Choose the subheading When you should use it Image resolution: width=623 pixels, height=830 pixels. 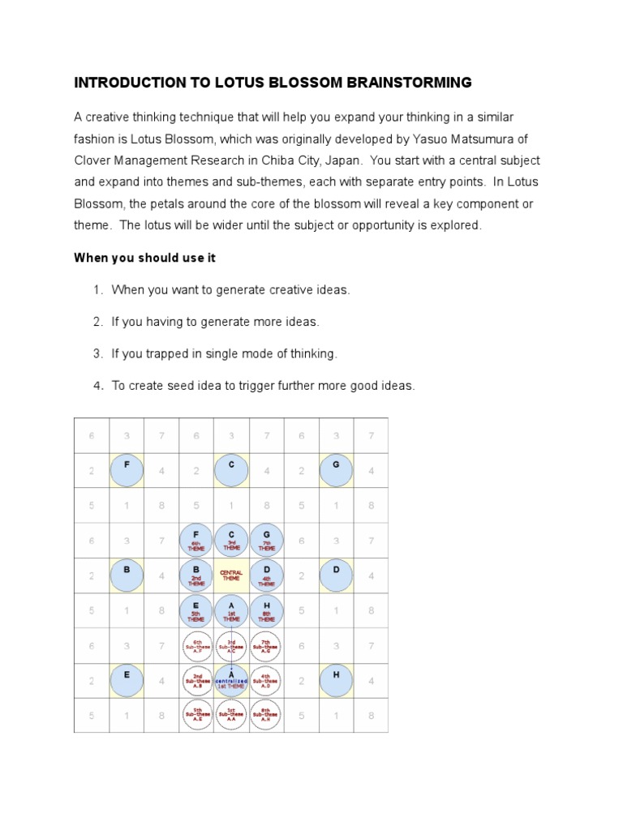tap(144, 258)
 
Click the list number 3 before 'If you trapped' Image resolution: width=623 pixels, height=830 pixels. tap(97, 353)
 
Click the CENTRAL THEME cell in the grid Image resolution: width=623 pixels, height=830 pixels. tap(231, 575)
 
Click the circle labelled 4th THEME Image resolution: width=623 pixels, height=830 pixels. tap(267, 575)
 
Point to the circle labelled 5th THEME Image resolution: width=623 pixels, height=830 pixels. tap(196, 610)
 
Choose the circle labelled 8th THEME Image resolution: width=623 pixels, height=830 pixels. tap(267, 610)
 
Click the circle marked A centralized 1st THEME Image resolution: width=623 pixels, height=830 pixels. tap(232, 680)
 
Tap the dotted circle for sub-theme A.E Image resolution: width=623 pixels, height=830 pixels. tap(196, 715)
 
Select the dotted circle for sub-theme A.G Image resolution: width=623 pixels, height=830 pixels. tap(267, 645)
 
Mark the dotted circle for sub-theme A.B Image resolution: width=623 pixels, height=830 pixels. tap(196, 680)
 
